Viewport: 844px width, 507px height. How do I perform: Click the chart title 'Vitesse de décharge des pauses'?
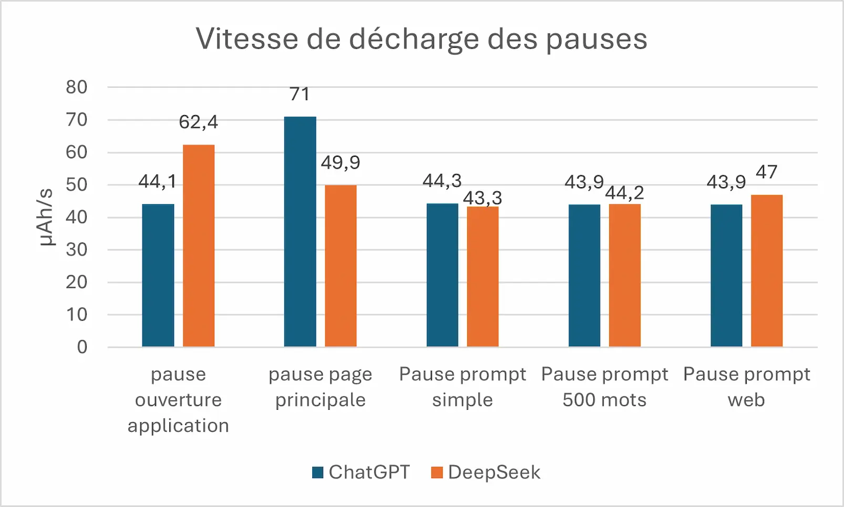tap(421, 39)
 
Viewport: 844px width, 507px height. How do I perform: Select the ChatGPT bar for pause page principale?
tap(300, 231)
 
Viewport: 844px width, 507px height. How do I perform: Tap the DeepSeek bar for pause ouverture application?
tap(199, 246)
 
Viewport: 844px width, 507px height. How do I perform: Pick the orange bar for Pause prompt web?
tap(767, 271)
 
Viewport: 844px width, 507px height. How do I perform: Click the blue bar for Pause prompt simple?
tap(442, 275)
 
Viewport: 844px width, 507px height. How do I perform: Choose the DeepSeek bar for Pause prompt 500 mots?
tap(625, 275)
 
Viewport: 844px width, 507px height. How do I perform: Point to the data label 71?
tap(300, 94)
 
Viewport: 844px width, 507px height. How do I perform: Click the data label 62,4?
tap(198, 122)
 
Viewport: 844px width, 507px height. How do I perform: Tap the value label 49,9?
tap(341, 163)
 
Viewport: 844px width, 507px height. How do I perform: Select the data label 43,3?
tap(482, 198)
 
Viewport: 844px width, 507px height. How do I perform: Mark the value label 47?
tap(767, 173)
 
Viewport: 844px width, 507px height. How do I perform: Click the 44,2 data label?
tap(625, 193)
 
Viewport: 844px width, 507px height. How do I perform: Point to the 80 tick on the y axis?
tap(77, 87)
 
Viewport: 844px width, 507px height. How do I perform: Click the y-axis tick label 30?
tap(77, 249)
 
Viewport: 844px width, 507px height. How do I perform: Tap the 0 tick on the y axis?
tap(82, 347)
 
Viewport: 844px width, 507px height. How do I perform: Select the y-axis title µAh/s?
tap(47, 217)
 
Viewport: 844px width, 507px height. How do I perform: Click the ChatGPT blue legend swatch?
tap(317, 472)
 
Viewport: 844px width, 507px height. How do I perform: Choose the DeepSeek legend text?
tap(495, 472)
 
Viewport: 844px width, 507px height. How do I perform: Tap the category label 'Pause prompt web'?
tap(747, 387)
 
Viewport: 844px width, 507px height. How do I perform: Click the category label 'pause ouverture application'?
tap(178, 400)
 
